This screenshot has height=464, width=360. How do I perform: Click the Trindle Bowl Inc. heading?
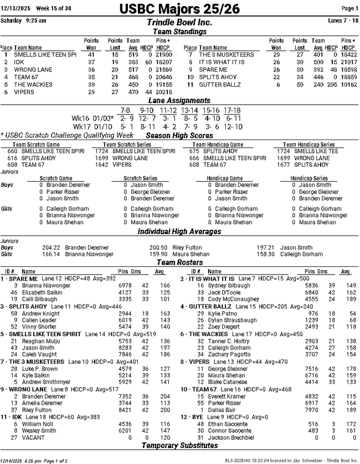[x=179, y=23]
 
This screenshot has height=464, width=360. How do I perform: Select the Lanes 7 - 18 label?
[x=343, y=20]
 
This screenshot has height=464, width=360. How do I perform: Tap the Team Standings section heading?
[x=179, y=32]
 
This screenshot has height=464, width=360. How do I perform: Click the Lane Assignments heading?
[x=179, y=101]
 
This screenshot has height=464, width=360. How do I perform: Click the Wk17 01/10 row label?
[x=89, y=126]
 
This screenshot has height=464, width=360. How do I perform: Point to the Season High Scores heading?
[x=179, y=136]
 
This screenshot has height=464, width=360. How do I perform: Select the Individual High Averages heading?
[x=179, y=231]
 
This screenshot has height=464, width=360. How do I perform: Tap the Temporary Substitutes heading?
[x=179, y=445]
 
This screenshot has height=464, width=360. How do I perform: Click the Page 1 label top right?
[x=349, y=8]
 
